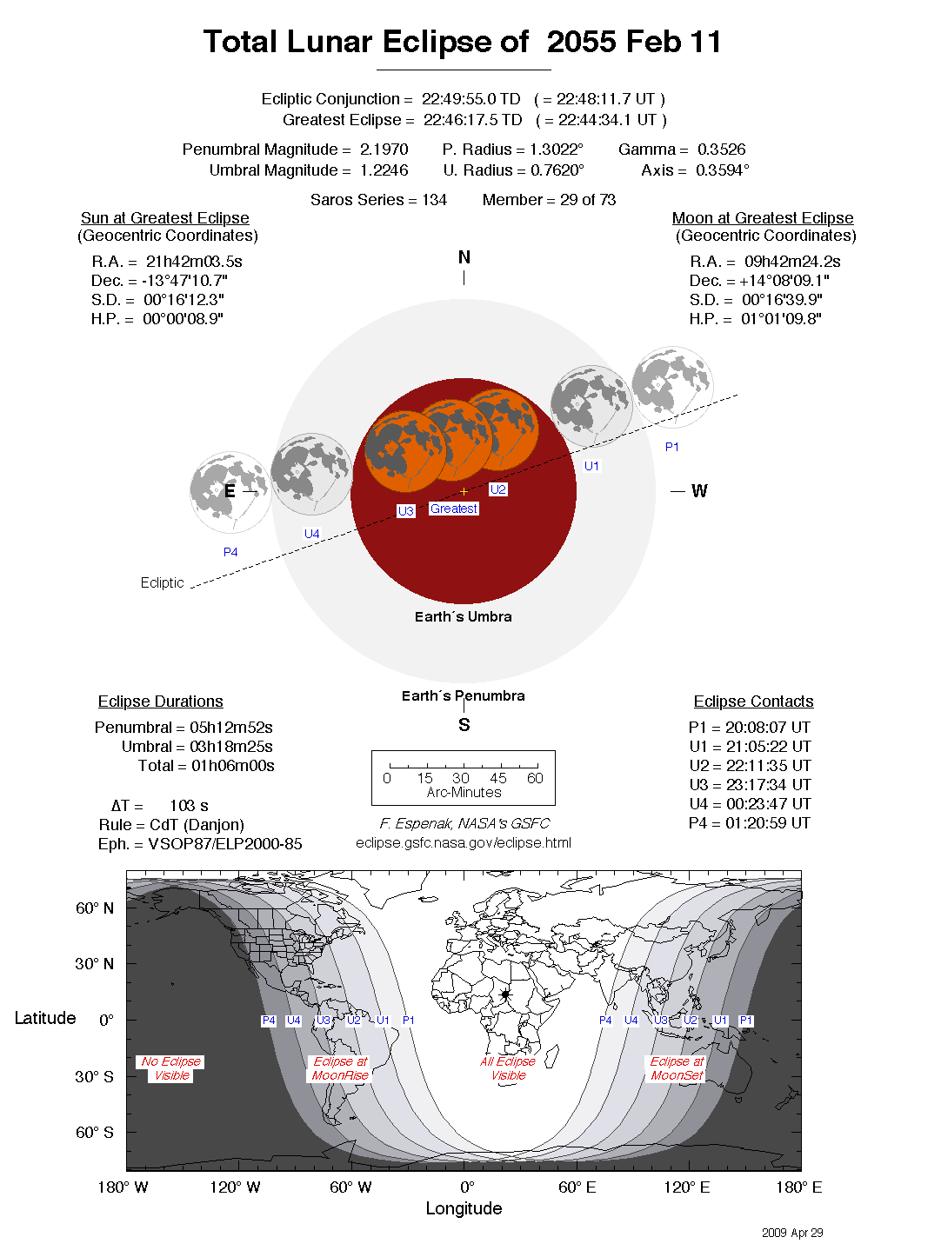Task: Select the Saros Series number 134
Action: tap(434, 200)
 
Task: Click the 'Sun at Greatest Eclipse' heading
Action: tap(165, 218)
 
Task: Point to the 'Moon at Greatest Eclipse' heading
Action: tap(762, 218)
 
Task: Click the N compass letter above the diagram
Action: tap(464, 257)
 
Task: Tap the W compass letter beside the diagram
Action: tap(699, 491)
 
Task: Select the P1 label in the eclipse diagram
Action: tap(671, 447)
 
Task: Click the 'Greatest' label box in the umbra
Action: tap(454, 509)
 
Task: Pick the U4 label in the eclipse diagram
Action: tap(311, 534)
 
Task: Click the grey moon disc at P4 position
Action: tap(230, 492)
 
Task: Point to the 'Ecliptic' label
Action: tap(163, 582)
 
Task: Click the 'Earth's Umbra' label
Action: tap(464, 616)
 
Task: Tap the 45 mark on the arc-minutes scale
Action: tap(498, 778)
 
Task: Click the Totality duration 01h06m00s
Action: tap(233, 766)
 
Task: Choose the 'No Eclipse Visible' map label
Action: tap(171, 1068)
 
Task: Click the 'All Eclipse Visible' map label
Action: tap(509, 1068)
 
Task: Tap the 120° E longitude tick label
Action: tap(686, 1187)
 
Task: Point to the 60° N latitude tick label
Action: tap(95, 908)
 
